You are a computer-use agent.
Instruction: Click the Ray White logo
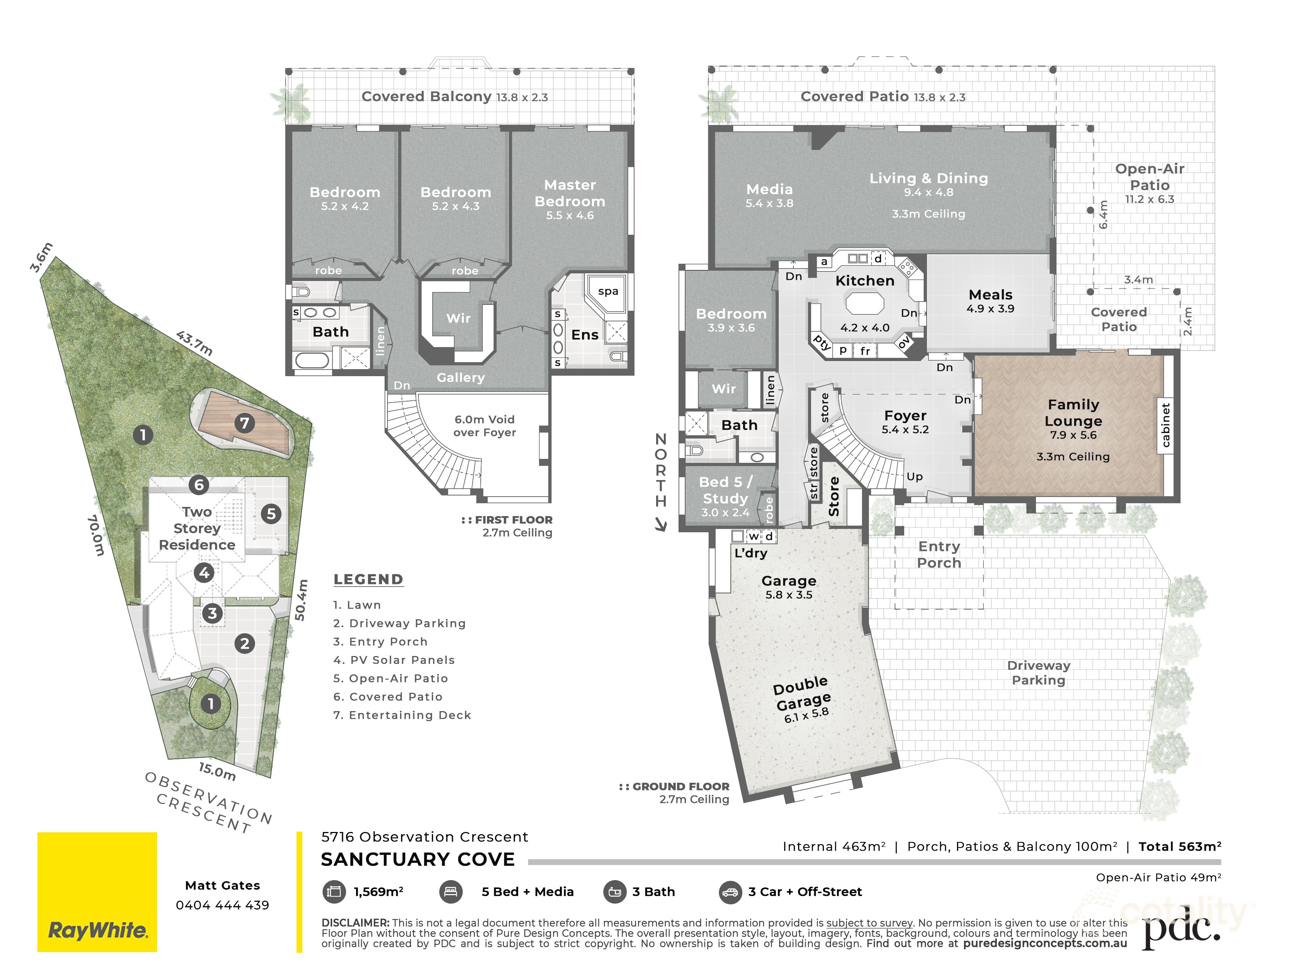97,892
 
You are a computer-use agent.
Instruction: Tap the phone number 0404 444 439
222,905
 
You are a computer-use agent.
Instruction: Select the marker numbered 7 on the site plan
244,423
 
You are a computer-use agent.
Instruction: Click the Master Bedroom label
570,193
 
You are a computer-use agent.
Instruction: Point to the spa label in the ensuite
608,291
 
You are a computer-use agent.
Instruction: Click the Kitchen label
864,281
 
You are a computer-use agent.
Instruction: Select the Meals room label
990,295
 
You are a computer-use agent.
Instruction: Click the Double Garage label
802,693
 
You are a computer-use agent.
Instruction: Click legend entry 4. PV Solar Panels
394,660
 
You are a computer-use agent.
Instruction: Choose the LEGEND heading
368,579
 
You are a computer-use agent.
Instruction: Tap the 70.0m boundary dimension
96,535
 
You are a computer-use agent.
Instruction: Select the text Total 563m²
1179,846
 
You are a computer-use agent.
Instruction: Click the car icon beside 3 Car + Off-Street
730,892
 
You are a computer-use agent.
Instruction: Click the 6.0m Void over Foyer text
484,426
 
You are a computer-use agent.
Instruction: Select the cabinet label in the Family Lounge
1165,425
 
